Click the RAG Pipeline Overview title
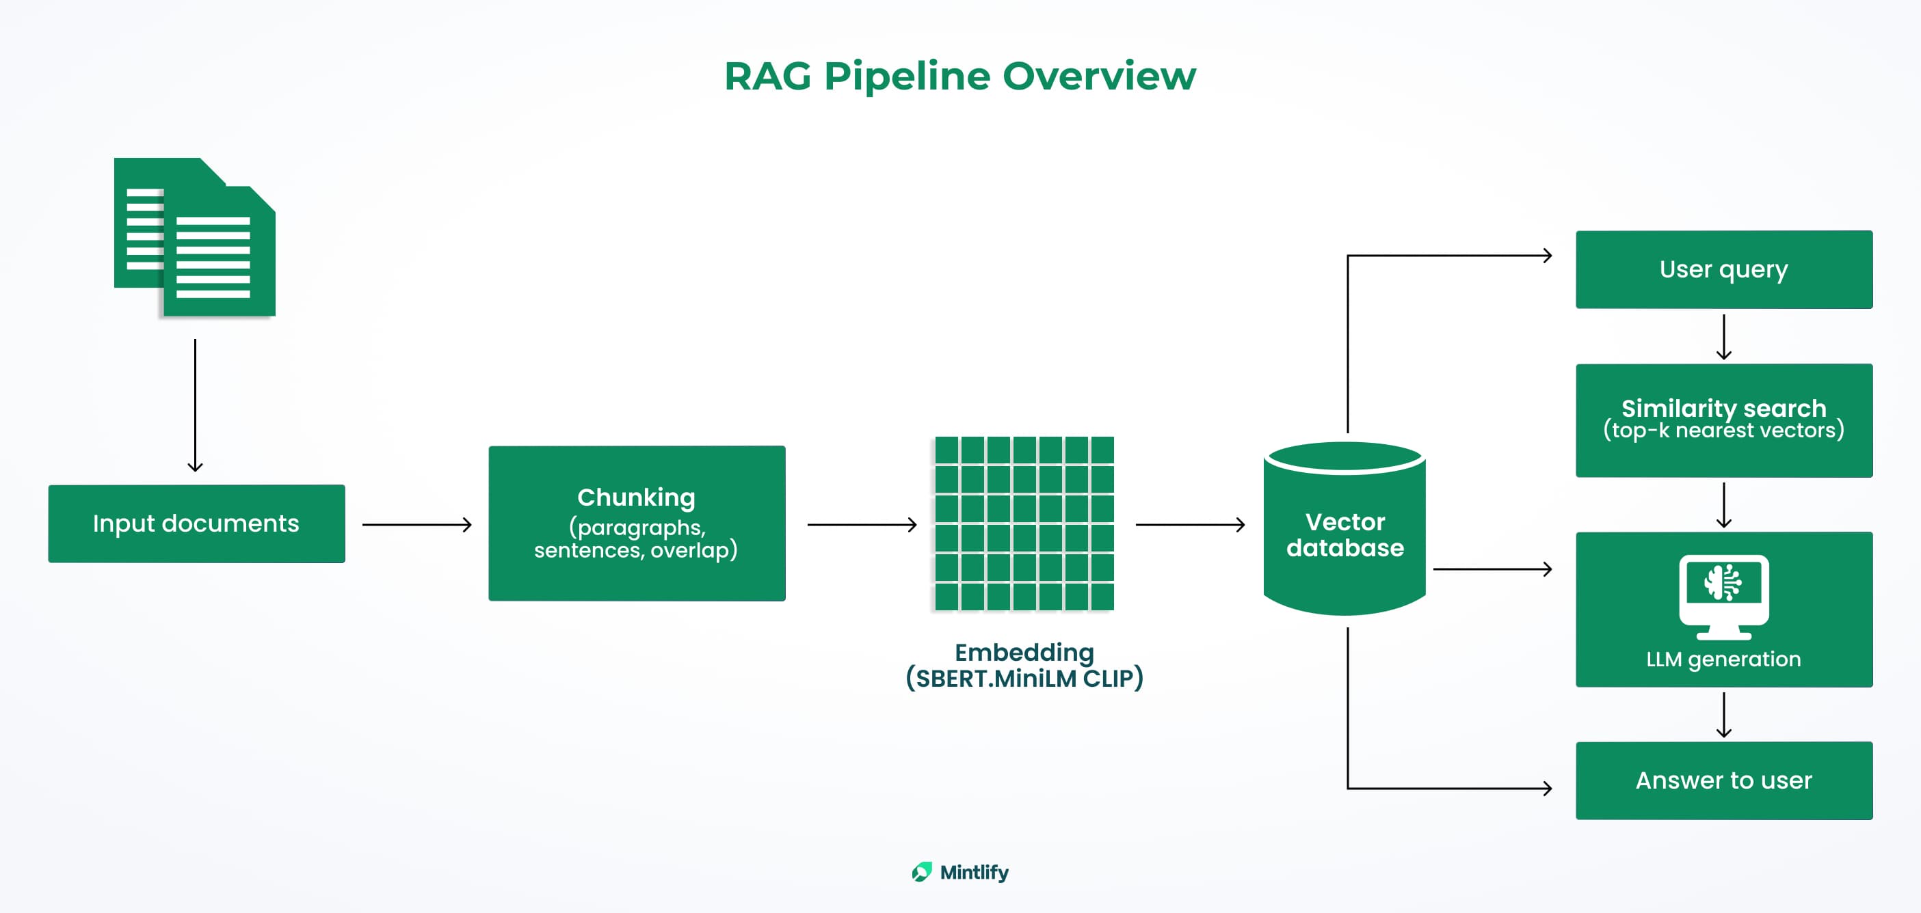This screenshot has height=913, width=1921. pos(959,76)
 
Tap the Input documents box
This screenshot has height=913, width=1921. pos(196,523)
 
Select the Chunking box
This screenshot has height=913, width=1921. pos(636,523)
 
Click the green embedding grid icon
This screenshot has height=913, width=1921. pos(1024,523)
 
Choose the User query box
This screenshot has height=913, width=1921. pos(1723,269)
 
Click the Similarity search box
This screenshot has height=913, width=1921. pos(1723,420)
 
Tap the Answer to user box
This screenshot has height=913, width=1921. pos(1723,780)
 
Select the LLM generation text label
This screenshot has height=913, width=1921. pos(1723,659)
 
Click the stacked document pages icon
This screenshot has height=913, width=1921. pos(195,237)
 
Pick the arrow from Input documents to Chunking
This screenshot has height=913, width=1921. pos(417,525)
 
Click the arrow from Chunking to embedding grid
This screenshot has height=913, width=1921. pos(862,525)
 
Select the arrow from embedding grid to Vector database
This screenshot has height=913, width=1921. pos(1190,525)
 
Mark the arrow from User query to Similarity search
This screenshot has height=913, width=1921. pos(1723,337)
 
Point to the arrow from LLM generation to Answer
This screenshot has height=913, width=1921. pos(1723,715)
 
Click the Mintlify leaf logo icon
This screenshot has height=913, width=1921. pos(922,872)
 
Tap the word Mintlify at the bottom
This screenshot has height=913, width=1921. pos(974,872)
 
